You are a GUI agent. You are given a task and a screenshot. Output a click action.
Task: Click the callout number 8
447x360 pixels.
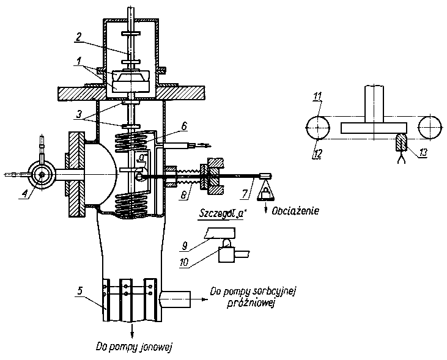(x=183, y=194)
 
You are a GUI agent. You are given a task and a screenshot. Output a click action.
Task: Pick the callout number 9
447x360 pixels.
(x=185, y=246)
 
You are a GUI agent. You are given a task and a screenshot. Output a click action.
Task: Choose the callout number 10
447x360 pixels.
(x=184, y=262)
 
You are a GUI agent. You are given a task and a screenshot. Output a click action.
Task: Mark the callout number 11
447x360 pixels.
(x=317, y=97)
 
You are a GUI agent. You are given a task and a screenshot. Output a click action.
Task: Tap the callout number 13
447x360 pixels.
(x=423, y=152)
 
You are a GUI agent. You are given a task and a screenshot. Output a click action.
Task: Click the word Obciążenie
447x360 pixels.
(x=295, y=211)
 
